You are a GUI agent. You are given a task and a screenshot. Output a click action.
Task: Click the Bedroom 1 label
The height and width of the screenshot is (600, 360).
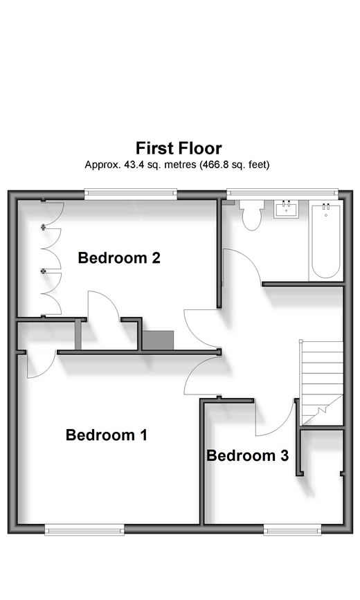tap(107, 435)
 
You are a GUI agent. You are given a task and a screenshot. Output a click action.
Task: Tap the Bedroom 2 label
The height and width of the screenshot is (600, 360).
tap(119, 258)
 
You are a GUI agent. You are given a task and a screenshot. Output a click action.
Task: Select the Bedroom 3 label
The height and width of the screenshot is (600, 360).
tap(247, 455)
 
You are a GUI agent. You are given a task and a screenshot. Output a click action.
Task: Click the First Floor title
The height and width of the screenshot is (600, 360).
tap(179, 148)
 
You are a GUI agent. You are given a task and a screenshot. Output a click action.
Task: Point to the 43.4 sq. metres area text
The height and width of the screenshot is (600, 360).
tap(160, 165)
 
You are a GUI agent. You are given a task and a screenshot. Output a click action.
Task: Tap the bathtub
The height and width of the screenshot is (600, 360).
tap(326, 242)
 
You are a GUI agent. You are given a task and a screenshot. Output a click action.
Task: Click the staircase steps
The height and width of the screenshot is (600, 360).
tap(321, 382)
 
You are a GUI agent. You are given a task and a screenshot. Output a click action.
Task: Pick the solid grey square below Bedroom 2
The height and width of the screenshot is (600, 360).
tap(158, 340)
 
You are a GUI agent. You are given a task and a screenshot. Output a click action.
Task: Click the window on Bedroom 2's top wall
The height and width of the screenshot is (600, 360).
tap(131, 194)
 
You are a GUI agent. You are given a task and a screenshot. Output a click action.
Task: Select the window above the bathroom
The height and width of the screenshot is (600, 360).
tap(282, 194)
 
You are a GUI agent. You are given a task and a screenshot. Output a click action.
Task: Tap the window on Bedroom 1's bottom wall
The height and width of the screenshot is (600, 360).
tap(84, 529)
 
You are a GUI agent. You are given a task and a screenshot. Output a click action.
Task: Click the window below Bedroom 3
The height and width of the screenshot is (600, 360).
tap(292, 529)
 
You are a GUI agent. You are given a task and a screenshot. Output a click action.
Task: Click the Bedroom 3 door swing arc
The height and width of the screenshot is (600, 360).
tap(282, 426)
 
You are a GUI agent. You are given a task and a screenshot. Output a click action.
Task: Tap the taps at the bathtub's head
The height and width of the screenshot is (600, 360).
tap(326, 207)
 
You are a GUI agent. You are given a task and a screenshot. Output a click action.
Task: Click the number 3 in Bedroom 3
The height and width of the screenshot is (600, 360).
tap(285, 455)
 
